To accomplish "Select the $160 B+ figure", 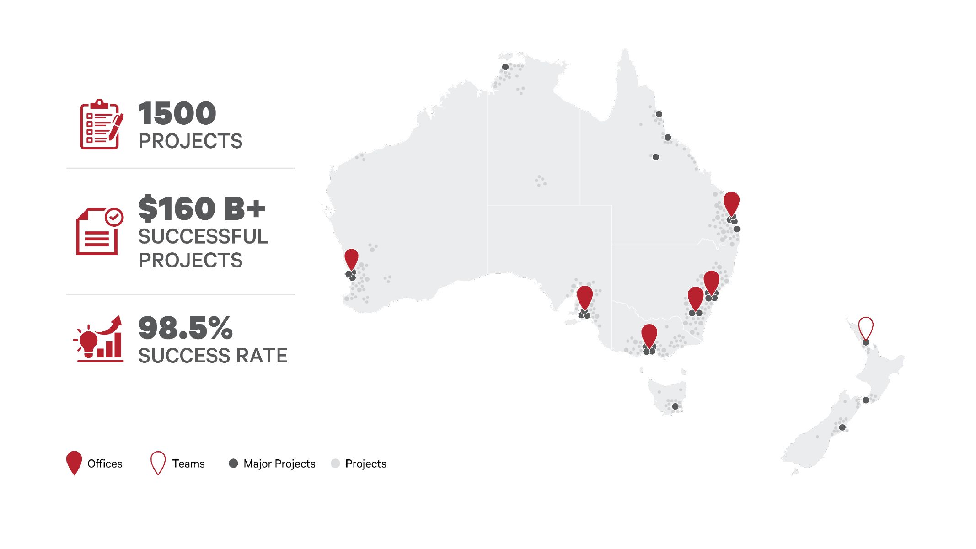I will click(x=201, y=208).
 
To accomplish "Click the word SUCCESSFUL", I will click(x=203, y=237).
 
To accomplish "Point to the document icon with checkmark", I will click(x=99, y=231).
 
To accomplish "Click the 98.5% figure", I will click(x=185, y=328).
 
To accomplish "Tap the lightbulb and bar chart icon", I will click(x=99, y=339).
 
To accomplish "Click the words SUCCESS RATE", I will click(x=213, y=356).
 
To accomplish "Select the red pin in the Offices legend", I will click(x=74, y=462).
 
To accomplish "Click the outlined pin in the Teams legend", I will click(x=158, y=463).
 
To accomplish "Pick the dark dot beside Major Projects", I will click(x=233, y=464).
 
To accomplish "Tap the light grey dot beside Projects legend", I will click(x=335, y=464).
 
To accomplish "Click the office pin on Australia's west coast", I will click(x=351, y=258).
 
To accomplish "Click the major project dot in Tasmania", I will click(x=675, y=406).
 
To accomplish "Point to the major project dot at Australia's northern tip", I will click(x=505, y=67).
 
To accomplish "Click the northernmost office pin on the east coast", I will click(x=731, y=202).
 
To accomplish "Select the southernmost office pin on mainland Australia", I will click(x=649, y=335).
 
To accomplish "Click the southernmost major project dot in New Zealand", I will click(x=842, y=427).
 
